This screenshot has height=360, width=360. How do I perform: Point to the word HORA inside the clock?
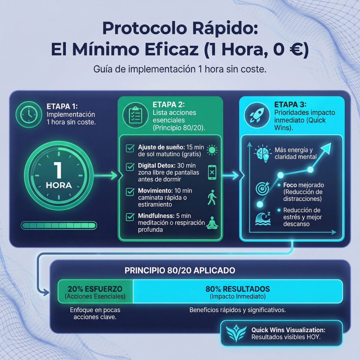click(x=59, y=185)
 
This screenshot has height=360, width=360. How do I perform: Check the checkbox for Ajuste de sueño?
click(x=130, y=148)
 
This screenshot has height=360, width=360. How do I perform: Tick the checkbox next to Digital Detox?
click(x=130, y=167)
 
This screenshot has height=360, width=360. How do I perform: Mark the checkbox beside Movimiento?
click(x=130, y=192)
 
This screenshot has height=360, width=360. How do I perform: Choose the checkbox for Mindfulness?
click(x=130, y=217)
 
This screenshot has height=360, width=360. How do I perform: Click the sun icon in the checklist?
click(x=212, y=150)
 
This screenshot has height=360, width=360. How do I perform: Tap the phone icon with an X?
click(x=212, y=172)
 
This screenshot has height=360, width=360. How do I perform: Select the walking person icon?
click(x=212, y=197)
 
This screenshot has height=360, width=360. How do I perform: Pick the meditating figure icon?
click(x=212, y=223)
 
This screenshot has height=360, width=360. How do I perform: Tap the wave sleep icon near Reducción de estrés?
click(x=263, y=218)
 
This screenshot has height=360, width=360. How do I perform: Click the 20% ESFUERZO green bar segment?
click(x=95, y=292)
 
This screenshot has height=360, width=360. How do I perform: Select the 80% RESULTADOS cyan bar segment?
click(x=238, y=292)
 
